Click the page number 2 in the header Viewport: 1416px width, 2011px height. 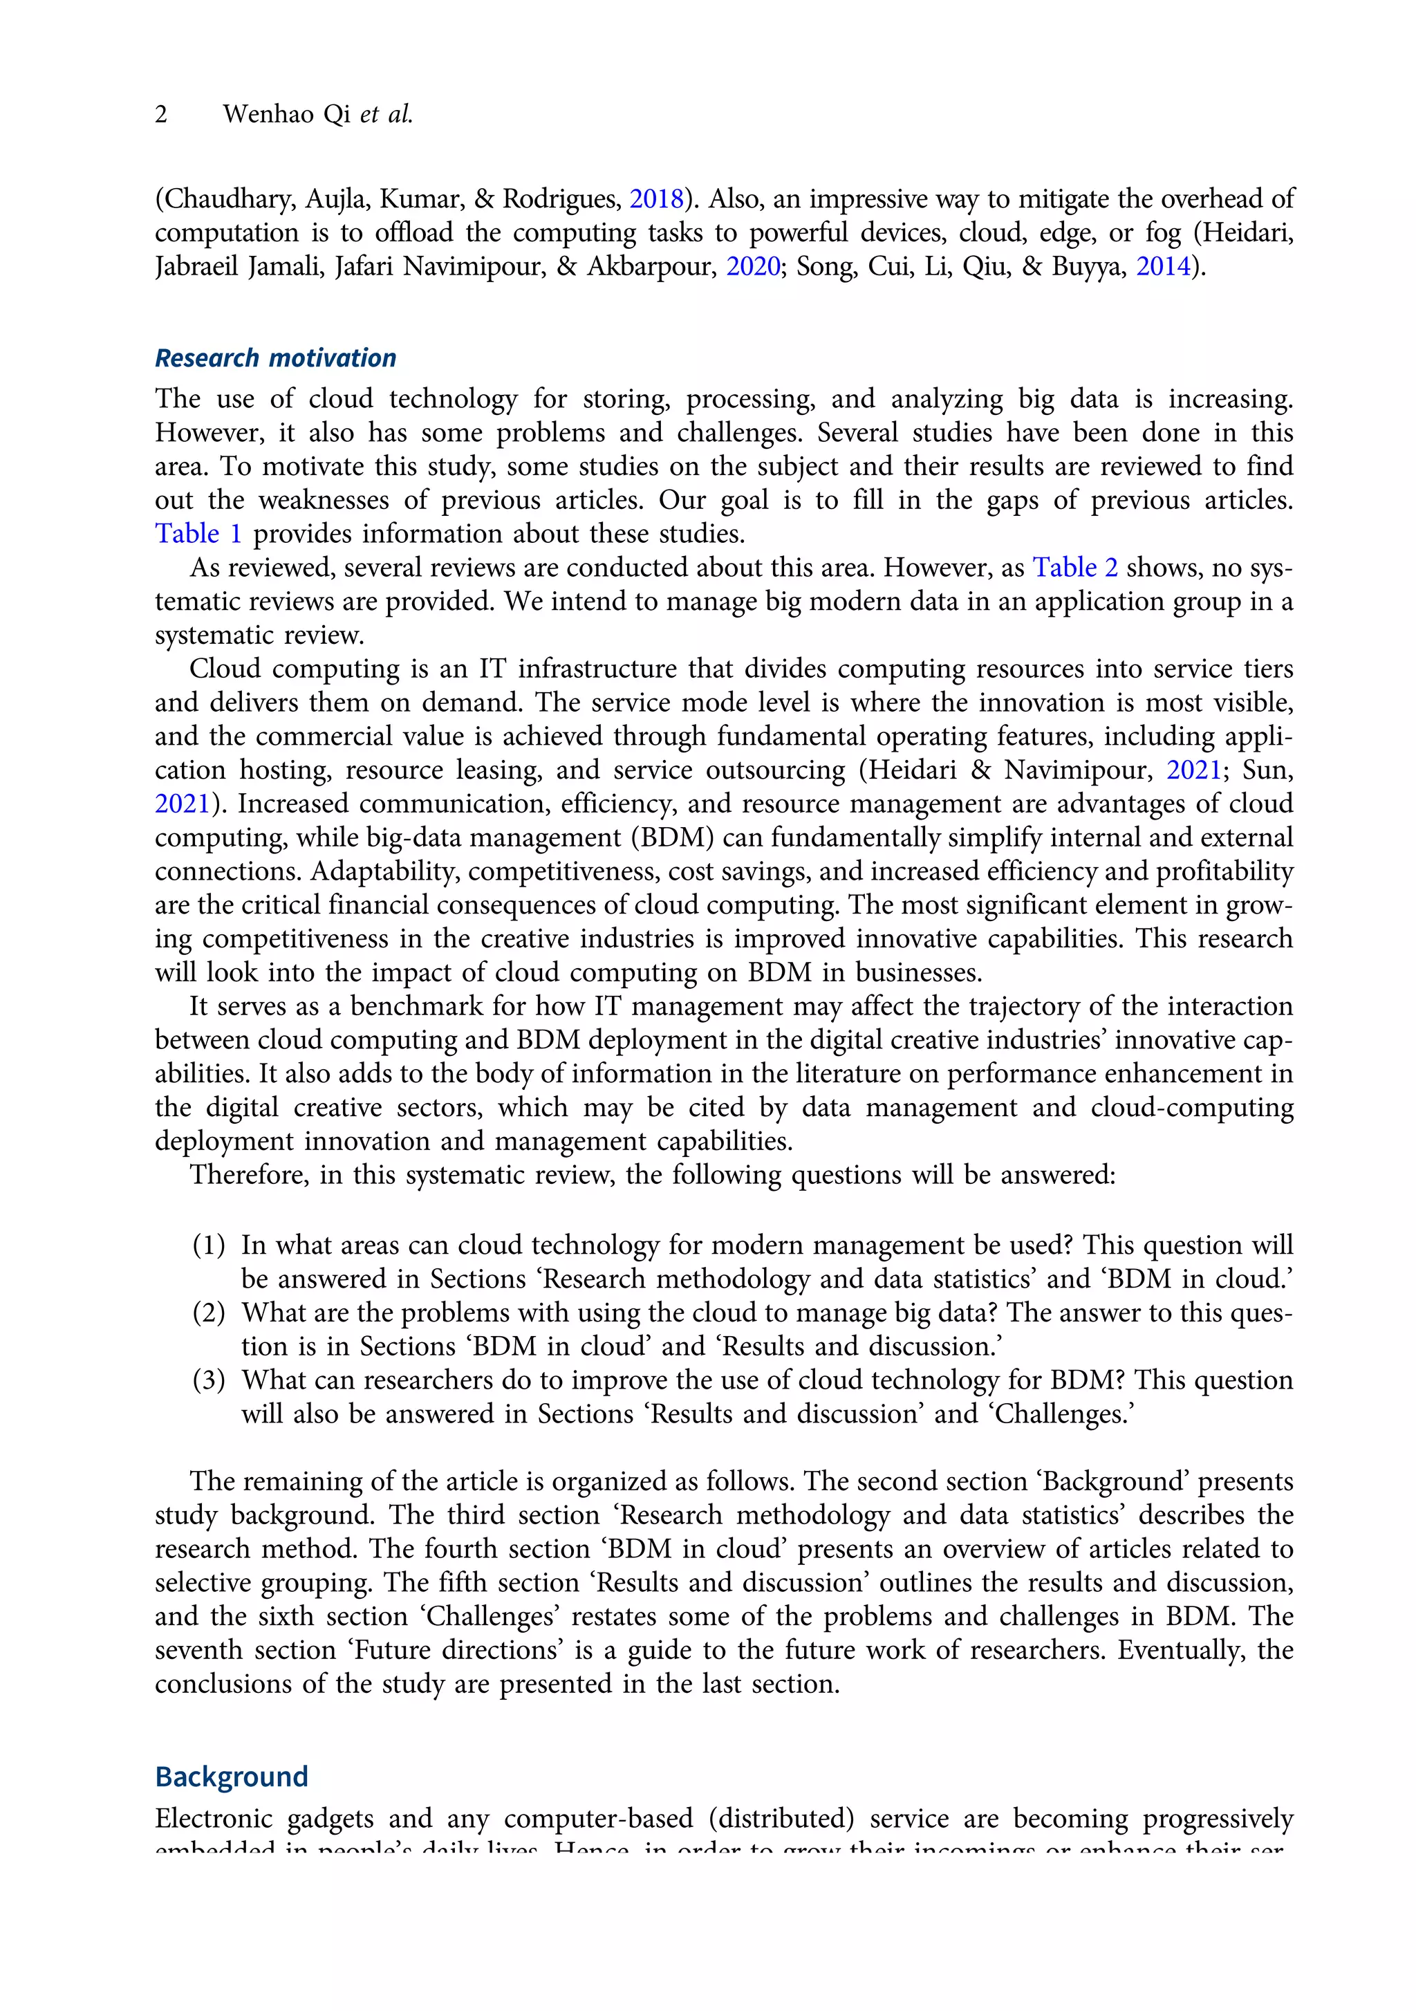(x=161, y=115)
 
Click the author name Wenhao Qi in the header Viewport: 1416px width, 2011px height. (x=286, y=115)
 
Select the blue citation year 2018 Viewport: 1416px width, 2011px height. (x=656, y=200)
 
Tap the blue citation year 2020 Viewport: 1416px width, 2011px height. (x=752, y=266)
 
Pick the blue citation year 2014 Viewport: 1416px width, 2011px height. (x=1163, y=266)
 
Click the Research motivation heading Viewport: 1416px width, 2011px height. (x=275, y=358)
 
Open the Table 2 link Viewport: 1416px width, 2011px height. (x=1074, y=568)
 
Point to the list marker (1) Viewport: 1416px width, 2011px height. (x=208, y=1245)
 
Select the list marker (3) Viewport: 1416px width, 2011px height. (x=208, y=1380)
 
